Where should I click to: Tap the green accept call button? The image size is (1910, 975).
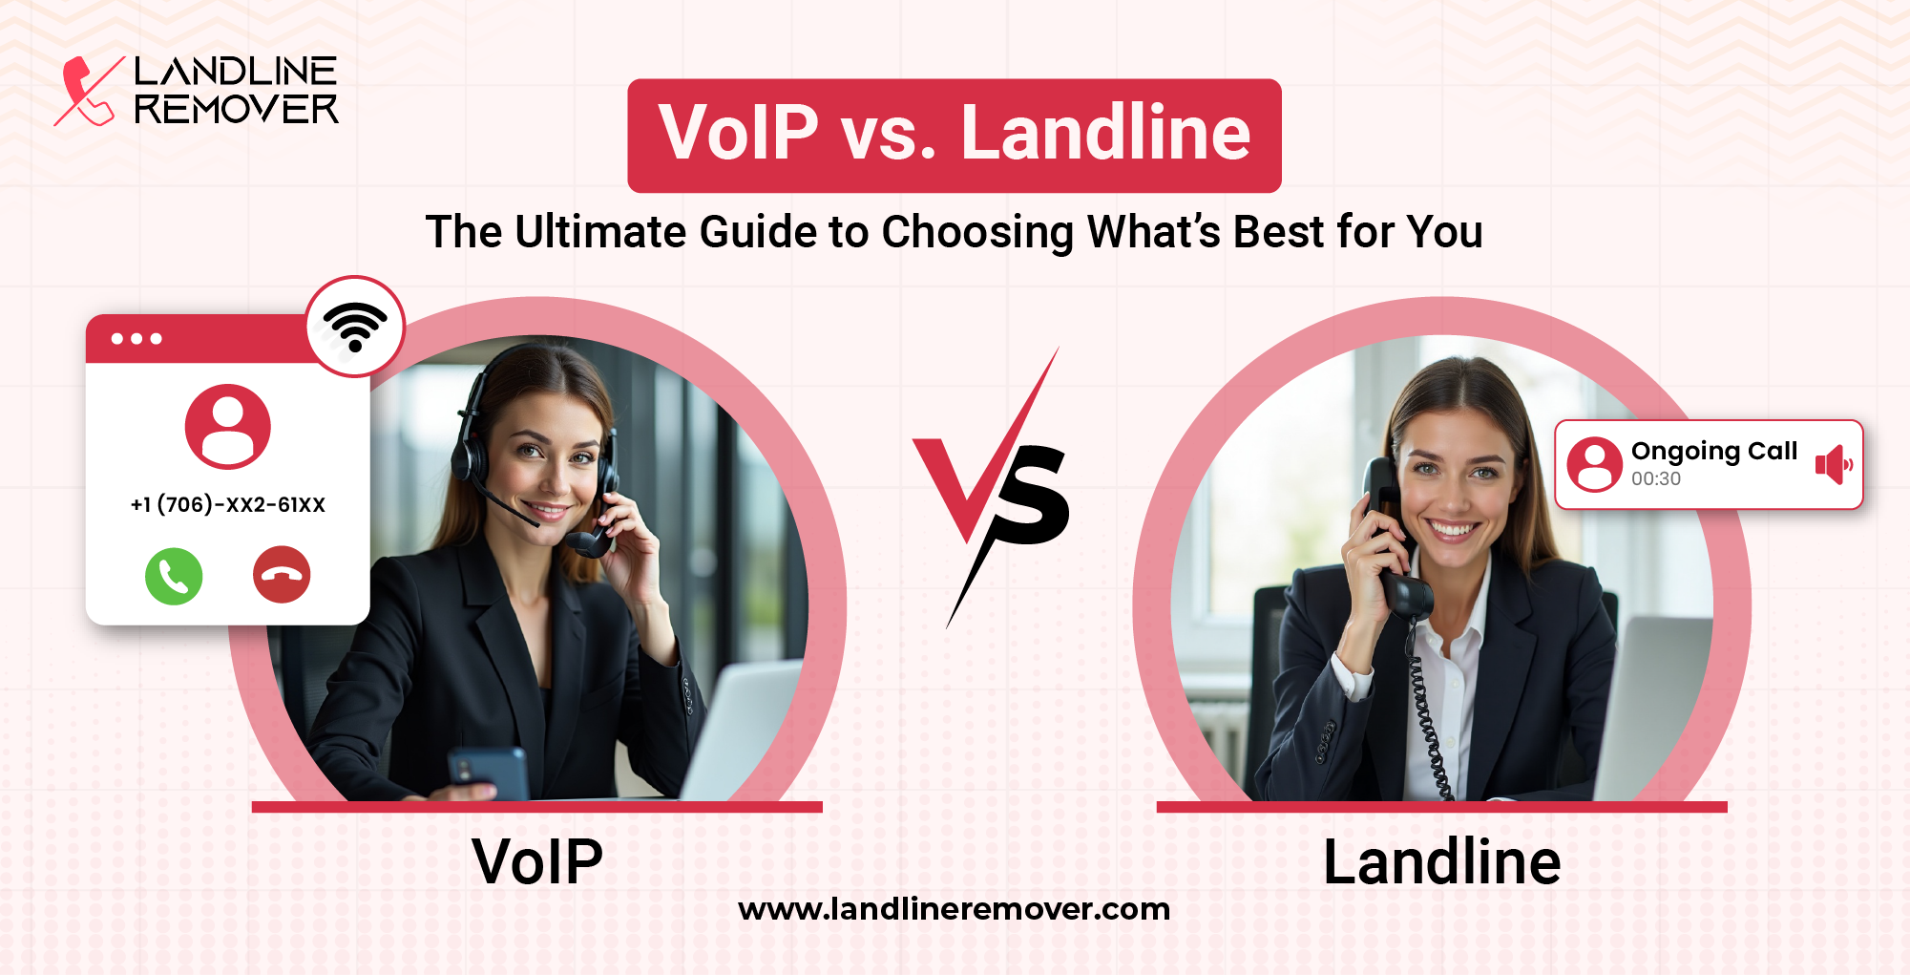coord(174,576)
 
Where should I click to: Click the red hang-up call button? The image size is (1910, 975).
coord(282,575)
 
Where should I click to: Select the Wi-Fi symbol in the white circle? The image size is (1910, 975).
coord(355,327)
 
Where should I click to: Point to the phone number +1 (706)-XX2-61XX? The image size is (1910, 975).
coord(228,504)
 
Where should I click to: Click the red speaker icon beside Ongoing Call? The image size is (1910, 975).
coord(1833,465)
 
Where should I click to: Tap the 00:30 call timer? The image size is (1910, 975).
coord(1655,479)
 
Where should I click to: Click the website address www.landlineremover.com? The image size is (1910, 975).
coord(954,909)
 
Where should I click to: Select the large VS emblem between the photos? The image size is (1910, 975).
coord(993,487)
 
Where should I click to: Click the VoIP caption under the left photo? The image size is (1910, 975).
coord(537,861)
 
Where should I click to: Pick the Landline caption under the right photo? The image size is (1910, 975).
coord(1441,861)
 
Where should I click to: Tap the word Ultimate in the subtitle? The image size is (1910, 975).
coord(599,232)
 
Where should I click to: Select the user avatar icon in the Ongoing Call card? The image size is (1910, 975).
coord(1594,464)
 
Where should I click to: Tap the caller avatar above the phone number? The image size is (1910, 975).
coord(227,426)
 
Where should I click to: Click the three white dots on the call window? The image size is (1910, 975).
coord(136,339)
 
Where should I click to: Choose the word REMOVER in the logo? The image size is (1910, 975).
coord(236,110)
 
